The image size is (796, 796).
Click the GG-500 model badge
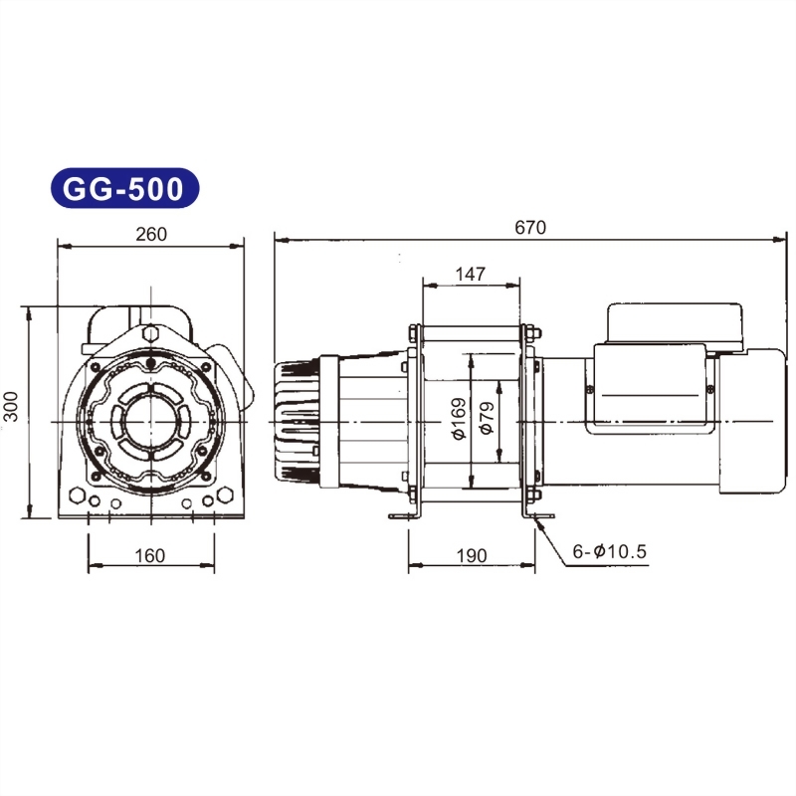click(x=123, y=188)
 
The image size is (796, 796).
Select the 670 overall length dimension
click(x=529, y=227)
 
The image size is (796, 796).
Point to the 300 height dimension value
click(x=11, y=412)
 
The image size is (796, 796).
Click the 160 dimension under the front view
click(x=149, y=556)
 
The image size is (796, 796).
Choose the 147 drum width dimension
click(x=471, y=275)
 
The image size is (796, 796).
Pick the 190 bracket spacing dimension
click(x=471, y=556)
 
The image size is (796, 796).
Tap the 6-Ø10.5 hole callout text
click(x=609, y=549)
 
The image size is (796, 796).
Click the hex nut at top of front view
click(x=150, y=333)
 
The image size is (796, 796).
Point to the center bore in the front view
click(x=150, y=420)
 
